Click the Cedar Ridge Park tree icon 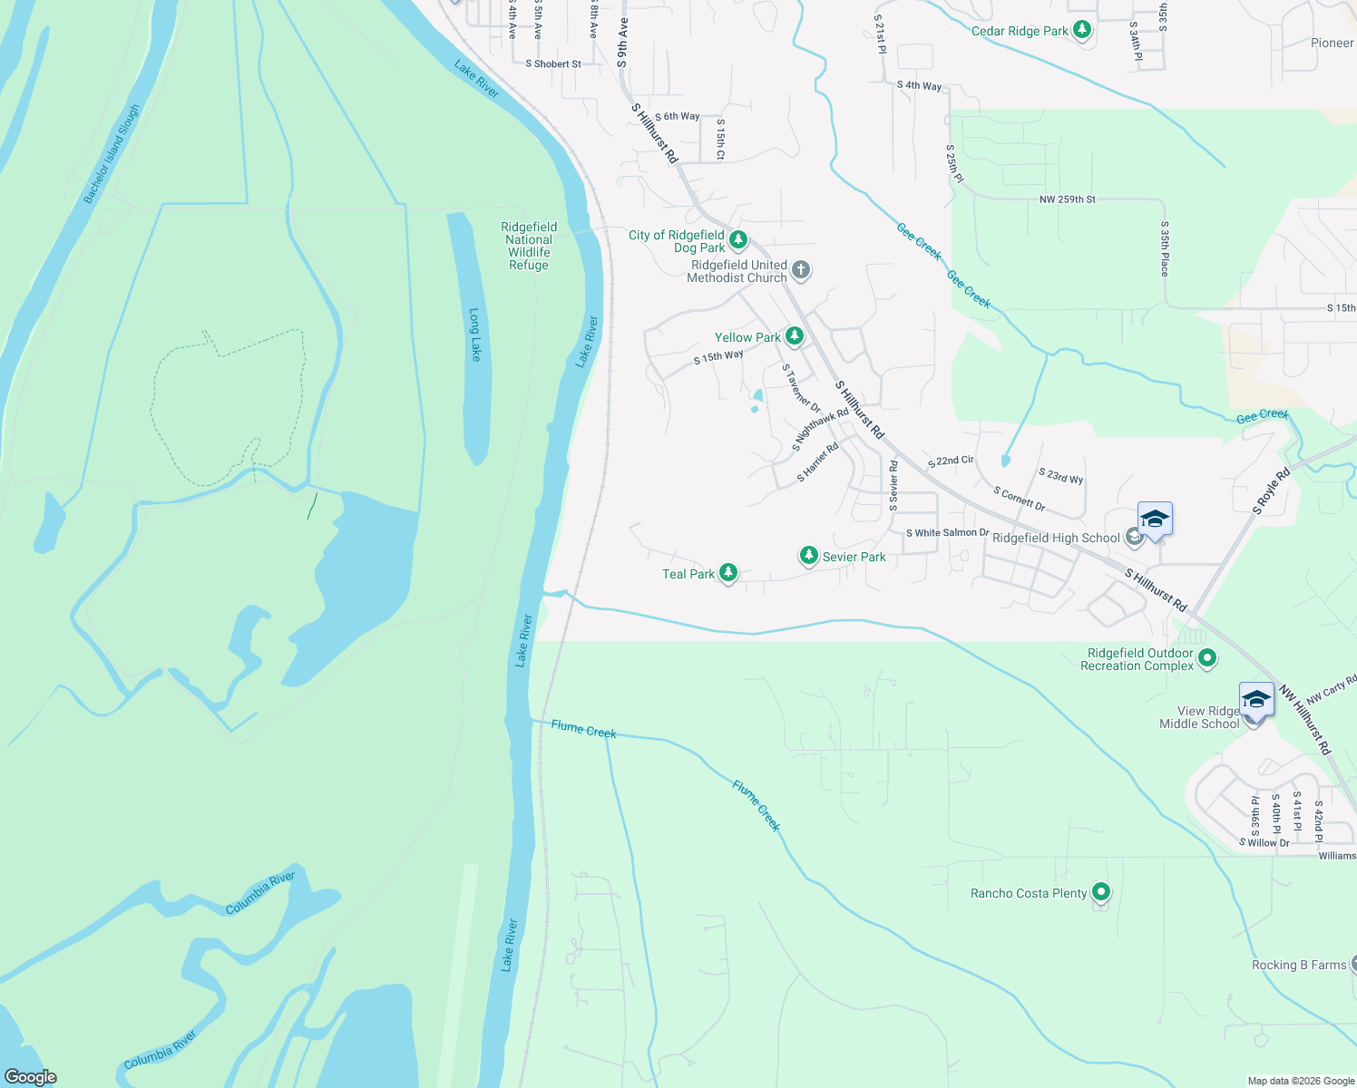point(1081,30)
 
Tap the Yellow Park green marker point(795,336)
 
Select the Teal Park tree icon point(727,573)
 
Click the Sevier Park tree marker point(808,556)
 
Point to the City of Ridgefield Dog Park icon point(738,240)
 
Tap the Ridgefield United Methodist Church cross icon point(800,269)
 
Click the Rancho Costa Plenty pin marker point(1100,892)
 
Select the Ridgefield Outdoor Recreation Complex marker point(1207,658)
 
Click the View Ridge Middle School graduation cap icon point(1256,700)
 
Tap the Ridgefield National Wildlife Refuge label point(529,246)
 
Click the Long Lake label point(474,335)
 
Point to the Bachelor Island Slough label point(112,154)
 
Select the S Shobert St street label point(553,64)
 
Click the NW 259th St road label point(1068,199)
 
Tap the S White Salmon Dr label point(947,533)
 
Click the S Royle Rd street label point(1271,491)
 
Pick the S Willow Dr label point(1264,843)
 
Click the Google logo point(31,1076)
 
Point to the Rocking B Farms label point(1299,965)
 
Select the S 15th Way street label point(718,357)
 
